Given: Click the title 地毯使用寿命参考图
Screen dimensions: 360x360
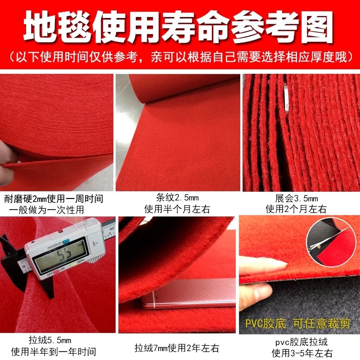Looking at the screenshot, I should click(x=180, y=25).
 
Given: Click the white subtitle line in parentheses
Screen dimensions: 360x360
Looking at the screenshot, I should click(x=180, y=57).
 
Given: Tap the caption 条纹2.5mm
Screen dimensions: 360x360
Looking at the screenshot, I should click(x=177, y=198).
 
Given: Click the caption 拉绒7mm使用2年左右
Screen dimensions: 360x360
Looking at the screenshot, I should click(x=177, y=347).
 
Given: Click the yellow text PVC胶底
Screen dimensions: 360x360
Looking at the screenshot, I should click(x=263, y=324).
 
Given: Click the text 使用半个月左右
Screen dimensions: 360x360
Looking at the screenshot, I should click(x=177, y=209).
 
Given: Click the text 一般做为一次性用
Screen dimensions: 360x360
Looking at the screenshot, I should click(x=46, y=210).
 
